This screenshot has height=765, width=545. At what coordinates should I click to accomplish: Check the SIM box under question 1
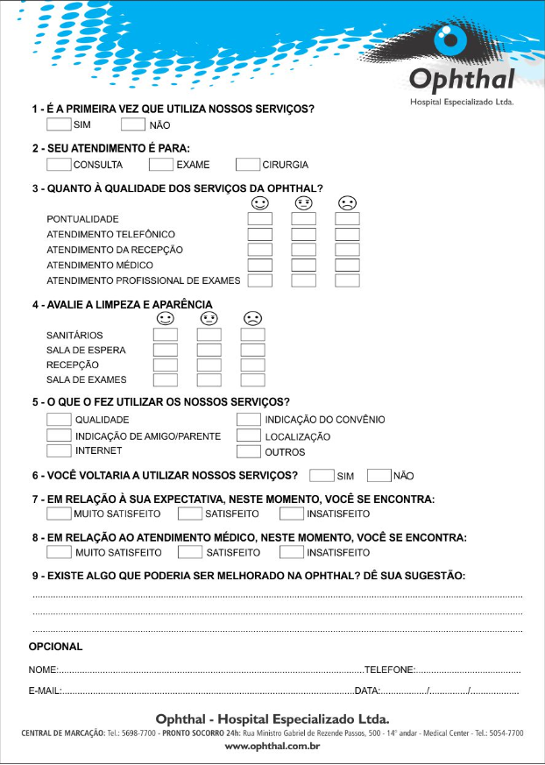pyautogui.click(x=59, y=124)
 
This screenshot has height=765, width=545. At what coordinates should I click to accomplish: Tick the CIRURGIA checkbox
pyautogui.click(x=248, y=164)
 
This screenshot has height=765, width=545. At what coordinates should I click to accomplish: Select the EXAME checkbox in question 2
pyautogui.click(x=161, y=164)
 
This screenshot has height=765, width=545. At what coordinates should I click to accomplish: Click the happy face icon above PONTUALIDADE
pyautogui.click(x=259, y=203)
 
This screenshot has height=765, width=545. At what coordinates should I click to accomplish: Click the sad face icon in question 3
pyautogui.click(x=347, y=203)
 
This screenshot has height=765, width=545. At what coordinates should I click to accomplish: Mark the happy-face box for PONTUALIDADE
pyautogui.click(x=260, y=219)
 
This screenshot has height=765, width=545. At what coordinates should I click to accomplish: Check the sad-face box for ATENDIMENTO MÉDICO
pyautogui.click(x=348, y=266)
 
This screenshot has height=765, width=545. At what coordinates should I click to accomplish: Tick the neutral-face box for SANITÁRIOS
pyautogui.click(x=209, y=335)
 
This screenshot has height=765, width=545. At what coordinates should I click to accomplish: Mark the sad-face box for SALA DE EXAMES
pyautogui.click(x=253, y=380)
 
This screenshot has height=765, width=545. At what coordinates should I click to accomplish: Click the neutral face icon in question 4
pyautogui.click(x=209, y=318)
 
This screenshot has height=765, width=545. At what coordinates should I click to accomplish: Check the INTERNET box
pyautogui.click(x=59, y=450)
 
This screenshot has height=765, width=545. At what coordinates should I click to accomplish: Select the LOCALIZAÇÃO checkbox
pyautogui.click(x=249, y=436)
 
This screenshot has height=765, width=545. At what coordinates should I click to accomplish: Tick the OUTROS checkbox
pyautogui.click(x=249, y=451)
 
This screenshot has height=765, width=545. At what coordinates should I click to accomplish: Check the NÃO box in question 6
pyautogui.click(x=379, y=476)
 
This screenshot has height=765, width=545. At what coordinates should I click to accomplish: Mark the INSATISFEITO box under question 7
pyautogui.click(x=292, y=514)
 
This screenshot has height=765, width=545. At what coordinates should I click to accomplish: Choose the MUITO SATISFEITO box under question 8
pyautogui.click(x=59, y=552)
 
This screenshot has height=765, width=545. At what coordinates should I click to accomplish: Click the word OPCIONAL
pyautogui.click(x=56, y=647)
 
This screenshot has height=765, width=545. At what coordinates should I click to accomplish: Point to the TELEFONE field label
pyautogui.click(x=389, y=669)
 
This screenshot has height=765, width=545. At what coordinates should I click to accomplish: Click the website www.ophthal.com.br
pyautogui.click(x=272, y=747)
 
